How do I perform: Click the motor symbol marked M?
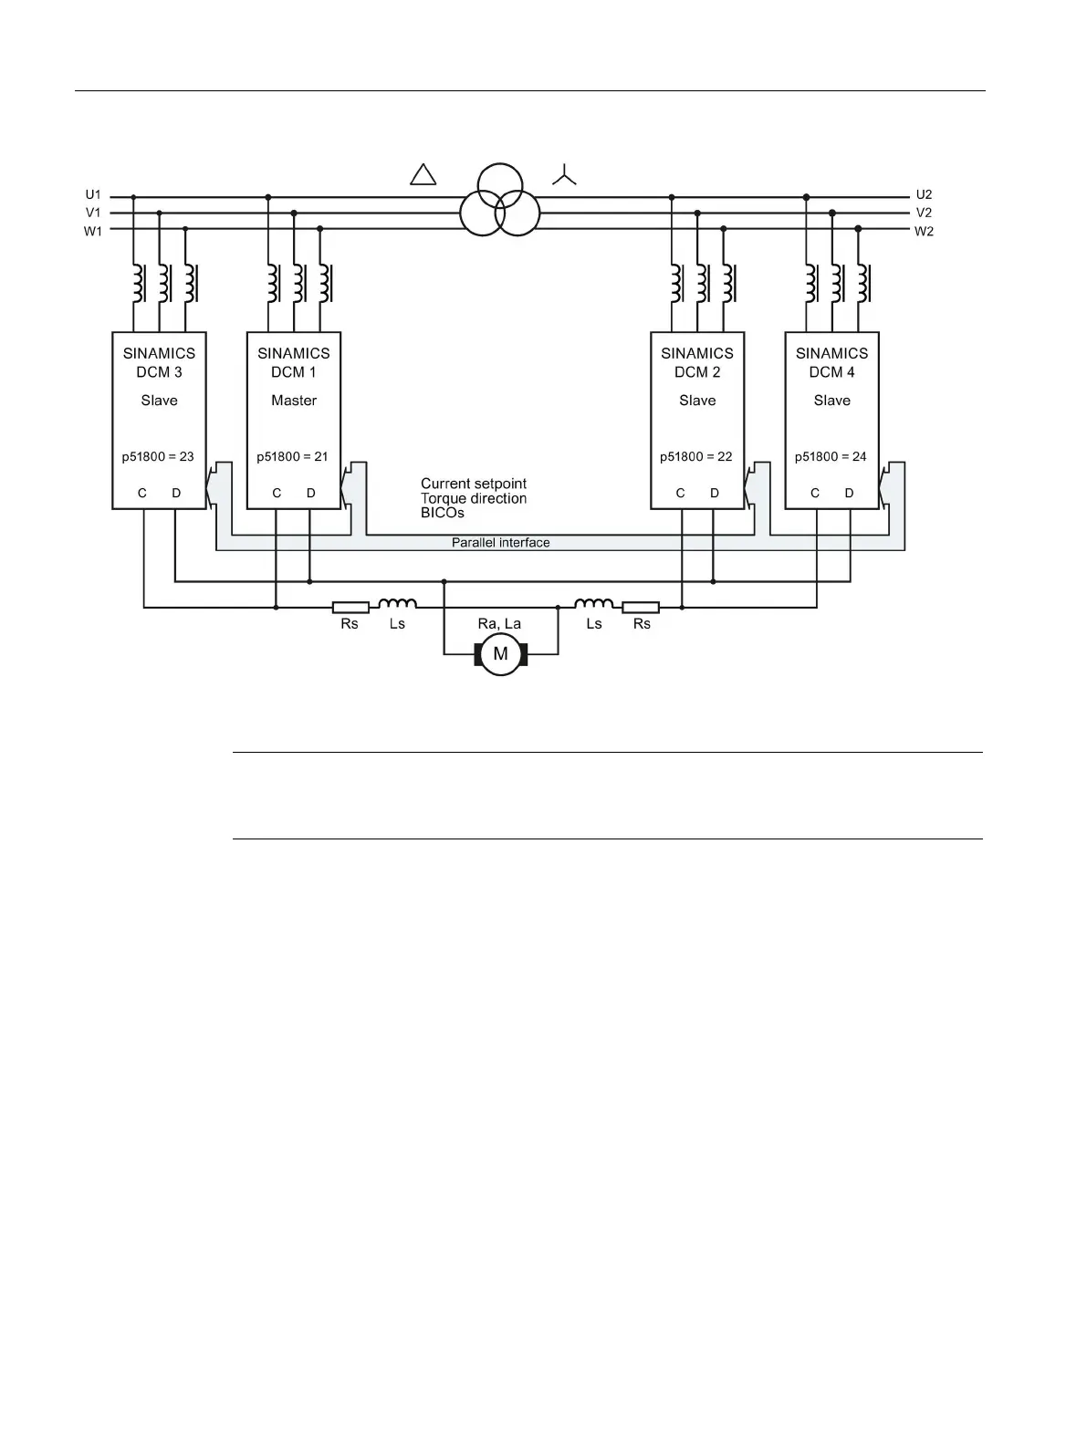pyautogui.click(x=500, y=653)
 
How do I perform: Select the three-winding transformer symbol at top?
pyautogui.click(x=500, y=200)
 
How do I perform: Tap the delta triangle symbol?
pyautogui.click(x=423, y=174)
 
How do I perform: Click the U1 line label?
pyautogui.click(x=93, y=194)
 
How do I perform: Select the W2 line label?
pyautogui.click(x=924, y=232)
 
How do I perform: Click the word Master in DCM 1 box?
pyautogui.click(x=294, y=401)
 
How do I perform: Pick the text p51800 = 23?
pyautogui.click(x=158, y=456)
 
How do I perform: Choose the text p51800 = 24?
pyautogui.click(x=831, y=456)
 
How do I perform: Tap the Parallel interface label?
pyautogui.click(x=501, y=543)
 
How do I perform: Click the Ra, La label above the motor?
pyautogui.click(x=499, y=624)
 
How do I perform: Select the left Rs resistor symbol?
pyautogui.click(x=350, y=607)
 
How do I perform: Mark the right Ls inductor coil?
pyautogui.click(x=593, y=603)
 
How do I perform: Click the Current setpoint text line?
pyautogui.click(x=474, y=484)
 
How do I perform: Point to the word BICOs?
pyautogui.click(x=443, y=513)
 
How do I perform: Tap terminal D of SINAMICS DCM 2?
pyautogui.click(x=714, y=493)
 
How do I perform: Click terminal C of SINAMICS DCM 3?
pyautogui.click(x=142, y=493)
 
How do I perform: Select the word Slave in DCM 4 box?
pyautogui.click(x=831, y=401)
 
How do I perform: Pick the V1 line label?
pyautogui.click(x=93, y=213)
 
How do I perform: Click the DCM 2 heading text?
pyautogui.click(x=697, y=372)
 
